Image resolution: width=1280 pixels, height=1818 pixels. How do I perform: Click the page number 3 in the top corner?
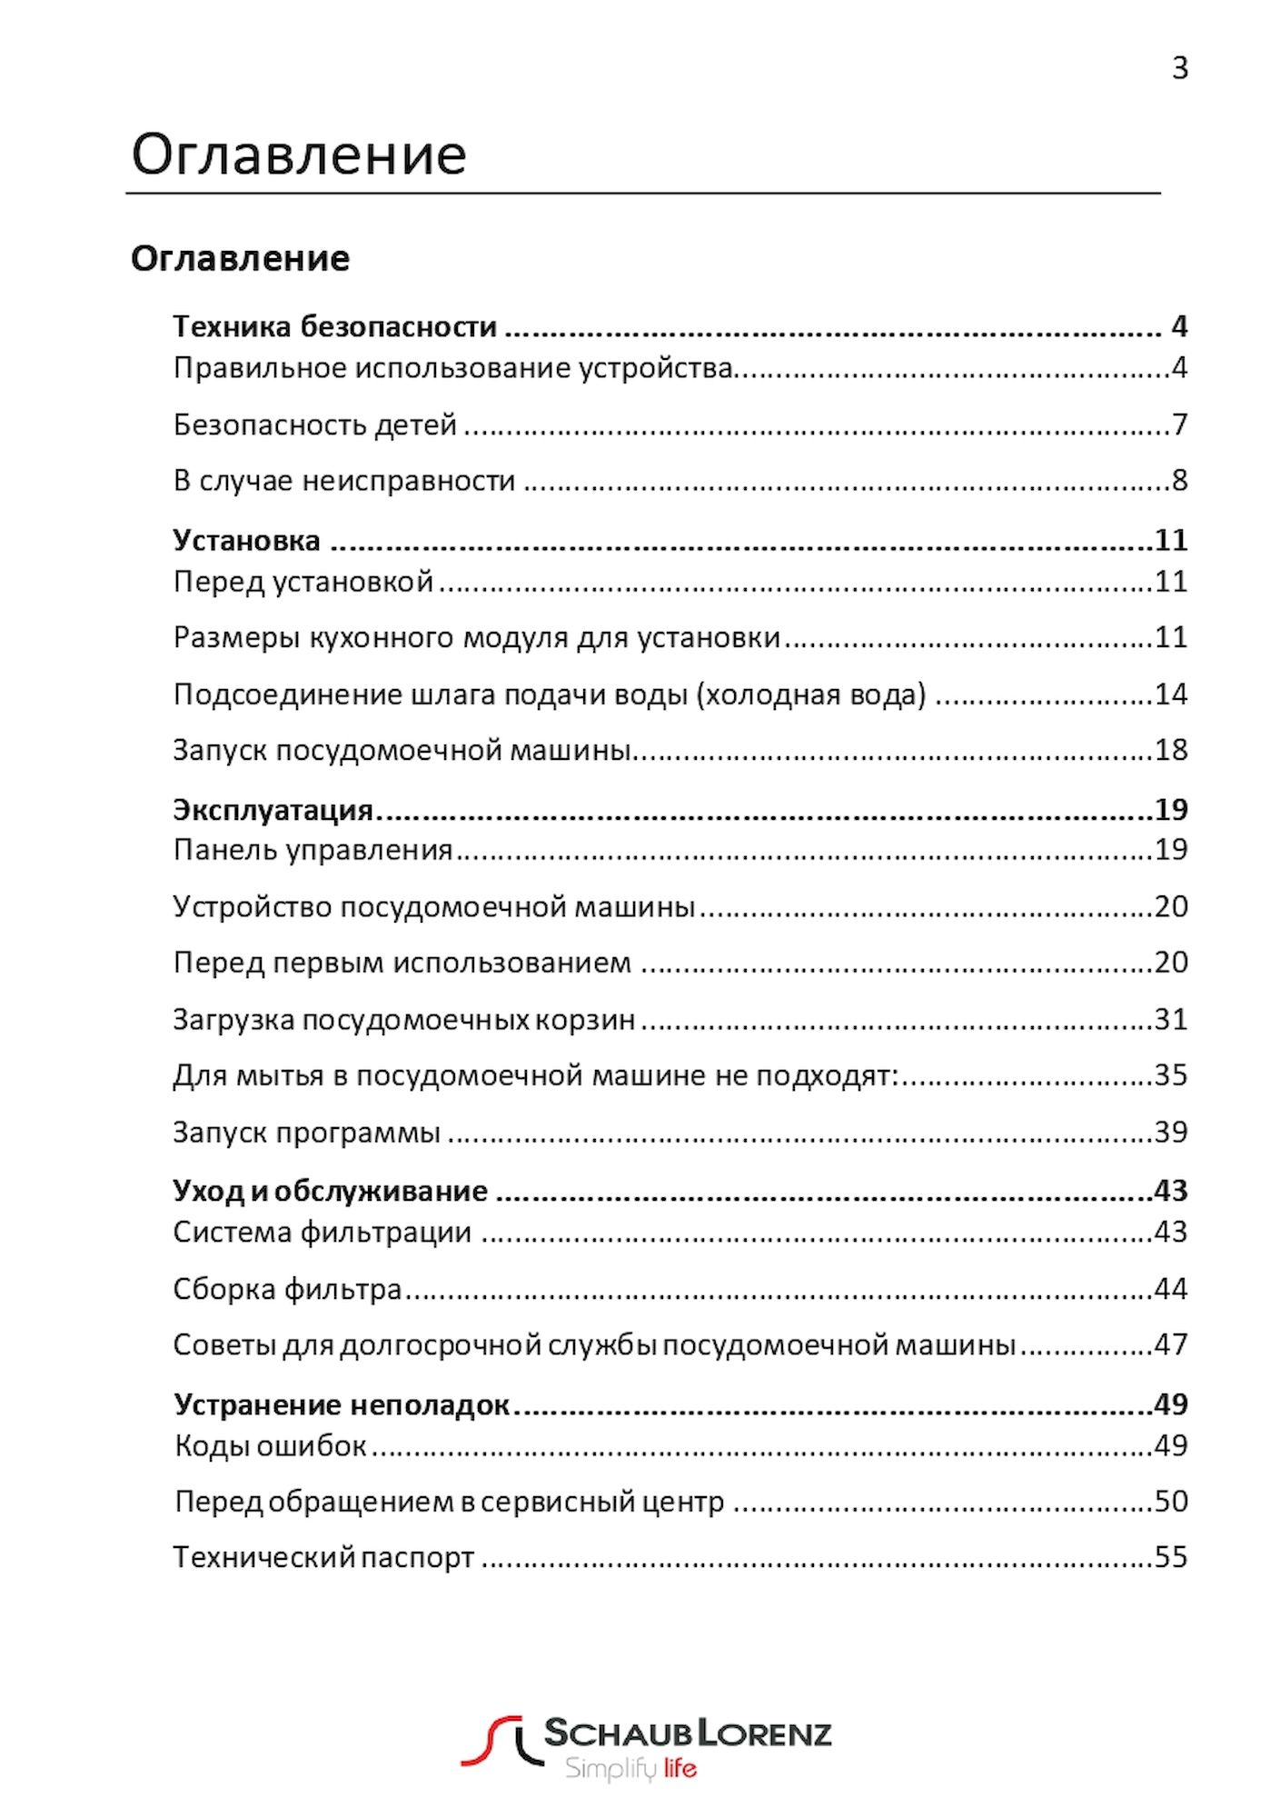click(1179, 68)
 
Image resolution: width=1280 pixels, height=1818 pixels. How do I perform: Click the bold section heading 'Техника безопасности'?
click(334, 326)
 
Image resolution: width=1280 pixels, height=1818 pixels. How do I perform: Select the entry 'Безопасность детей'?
click(314, 425)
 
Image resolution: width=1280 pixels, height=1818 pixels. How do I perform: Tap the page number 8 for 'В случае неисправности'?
click(1179, 480)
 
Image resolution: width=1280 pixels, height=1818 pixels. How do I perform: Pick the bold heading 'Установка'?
click(246, 541)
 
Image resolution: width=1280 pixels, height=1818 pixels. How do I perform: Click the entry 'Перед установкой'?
click(303, 582)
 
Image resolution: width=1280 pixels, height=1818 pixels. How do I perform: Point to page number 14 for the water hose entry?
click(1170, 694)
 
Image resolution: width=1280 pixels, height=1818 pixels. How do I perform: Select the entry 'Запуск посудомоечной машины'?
click(401, 751)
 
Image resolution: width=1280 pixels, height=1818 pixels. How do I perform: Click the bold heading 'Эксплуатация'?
click(273, 810)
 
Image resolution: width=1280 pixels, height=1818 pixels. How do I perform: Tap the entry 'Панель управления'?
click(313, 850)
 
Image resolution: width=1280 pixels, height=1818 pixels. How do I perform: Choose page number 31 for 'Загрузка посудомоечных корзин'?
click(1170, 1019)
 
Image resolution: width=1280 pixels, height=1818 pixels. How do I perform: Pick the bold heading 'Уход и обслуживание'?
click(330, 1191)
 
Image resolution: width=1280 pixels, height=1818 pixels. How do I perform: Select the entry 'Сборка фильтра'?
click(287, 1289)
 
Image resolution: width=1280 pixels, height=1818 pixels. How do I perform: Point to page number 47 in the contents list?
click(1170, 1344)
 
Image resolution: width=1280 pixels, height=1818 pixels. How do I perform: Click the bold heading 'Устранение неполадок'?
click(342, 1405)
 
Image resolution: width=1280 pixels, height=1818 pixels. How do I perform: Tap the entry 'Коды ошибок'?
click(271, 1446)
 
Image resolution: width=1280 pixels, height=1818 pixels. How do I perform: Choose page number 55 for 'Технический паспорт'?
click(1170, 1557)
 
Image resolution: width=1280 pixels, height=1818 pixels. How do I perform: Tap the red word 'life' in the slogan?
click(680, 1769)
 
